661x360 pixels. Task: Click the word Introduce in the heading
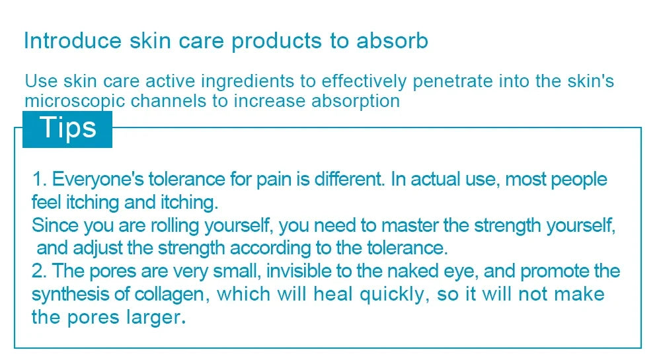tap(73, 41)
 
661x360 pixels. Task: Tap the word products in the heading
tap(276, 42)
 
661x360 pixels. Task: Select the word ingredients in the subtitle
tap(247, 82)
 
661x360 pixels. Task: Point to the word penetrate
tap(452, 82)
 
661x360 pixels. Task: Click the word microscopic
tap(75, 102)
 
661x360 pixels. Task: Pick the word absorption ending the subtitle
tap(356, 102)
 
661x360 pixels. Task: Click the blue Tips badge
tap(67, 129)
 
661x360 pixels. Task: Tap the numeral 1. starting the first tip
tap(40, 180)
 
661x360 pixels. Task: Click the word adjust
tap(97, 249)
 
